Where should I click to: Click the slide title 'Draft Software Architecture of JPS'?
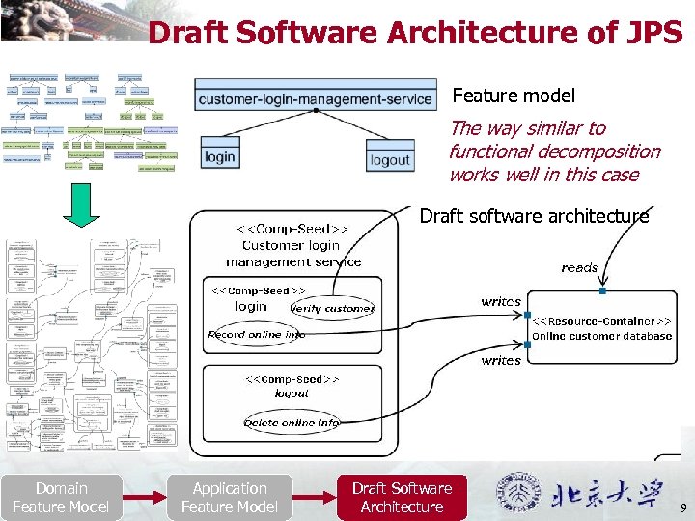(415, 33)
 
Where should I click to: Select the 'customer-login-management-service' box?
(314, 98)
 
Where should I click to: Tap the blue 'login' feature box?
(220, 156)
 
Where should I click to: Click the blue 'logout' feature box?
(390, 160)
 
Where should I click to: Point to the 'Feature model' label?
(514, 96)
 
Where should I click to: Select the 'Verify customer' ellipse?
(332, 309)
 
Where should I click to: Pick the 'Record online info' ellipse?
(258, 335)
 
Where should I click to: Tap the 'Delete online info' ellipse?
(292, 423)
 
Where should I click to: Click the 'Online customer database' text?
(601, 336)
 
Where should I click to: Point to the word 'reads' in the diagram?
(579, 267)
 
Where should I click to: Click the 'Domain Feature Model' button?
(61, 498)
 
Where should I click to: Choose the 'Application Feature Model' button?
(230, 498)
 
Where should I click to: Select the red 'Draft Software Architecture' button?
(402, 498)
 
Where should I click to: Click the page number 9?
(683, 507)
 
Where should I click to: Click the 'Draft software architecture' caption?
(534, 216)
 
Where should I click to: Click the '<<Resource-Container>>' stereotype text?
(602, 320)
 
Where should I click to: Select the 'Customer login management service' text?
(293, 253)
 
